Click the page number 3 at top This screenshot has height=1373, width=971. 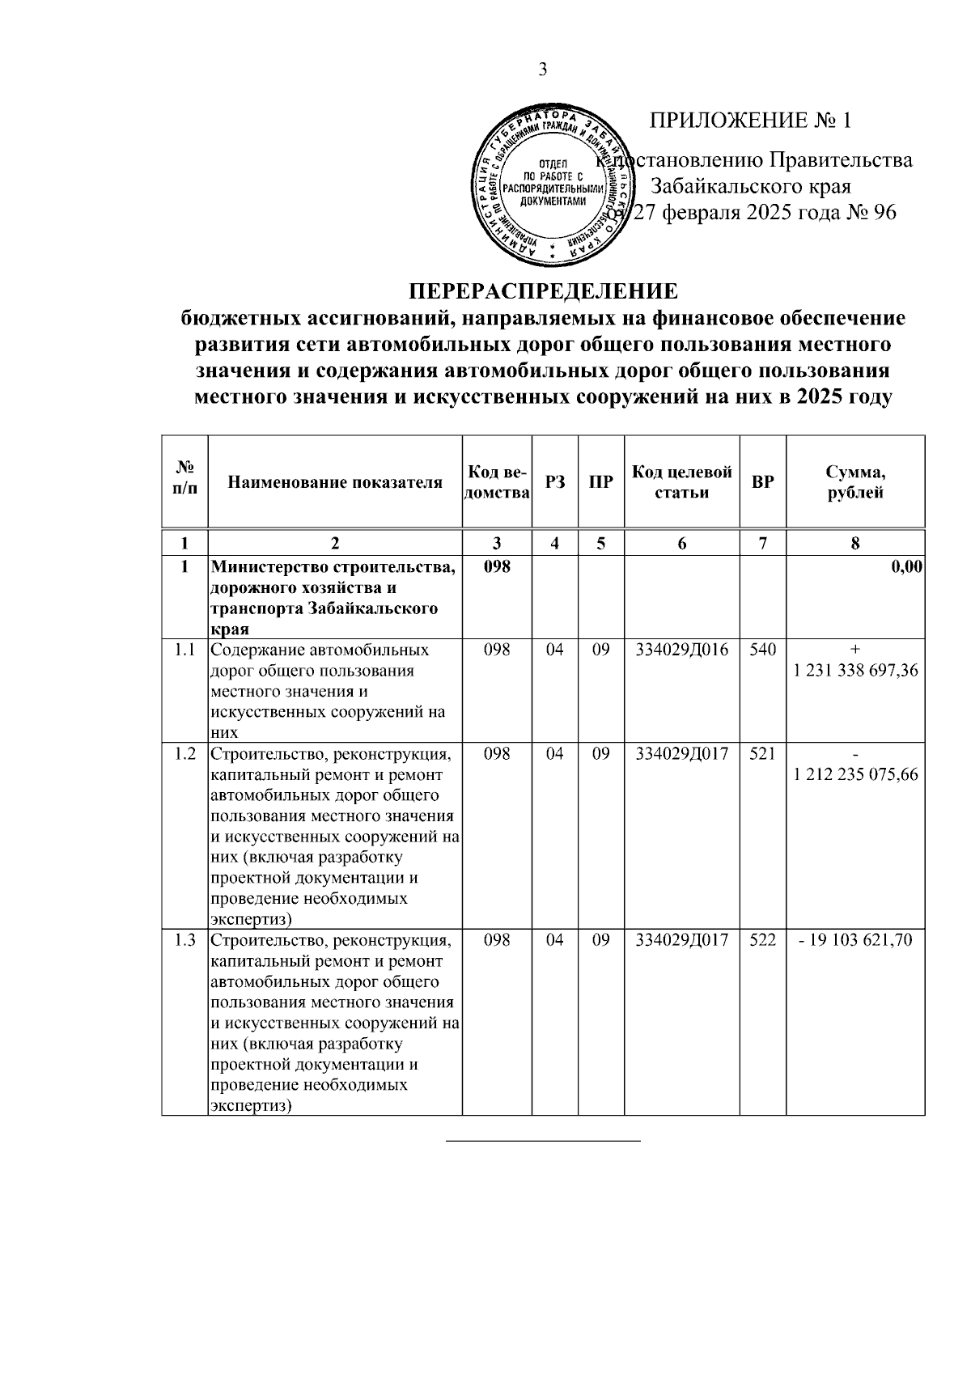pyautogui.click(x=543, y=70)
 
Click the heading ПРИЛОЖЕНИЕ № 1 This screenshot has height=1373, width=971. pyautogui.click(x=750, y=121)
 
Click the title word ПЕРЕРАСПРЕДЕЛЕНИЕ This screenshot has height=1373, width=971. pyautogui.click(x=542, y=291)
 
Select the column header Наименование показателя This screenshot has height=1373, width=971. pyautogui.click(x=335, y=483)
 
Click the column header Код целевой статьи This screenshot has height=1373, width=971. pyautogui.click(x=681, y=482)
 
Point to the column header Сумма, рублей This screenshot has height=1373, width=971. pyautogui.click(x=855, y=482)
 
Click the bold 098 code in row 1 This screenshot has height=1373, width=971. pyautogui.click(x=497, y=567)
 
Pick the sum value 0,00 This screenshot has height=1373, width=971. pyautogui.click(x=906, y=567)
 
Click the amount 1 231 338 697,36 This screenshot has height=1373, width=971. pyautogui.click(x=856, y=671)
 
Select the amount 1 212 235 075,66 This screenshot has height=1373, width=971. pyautogui.click(x=856, y=774)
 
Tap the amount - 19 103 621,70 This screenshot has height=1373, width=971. pyautogui.click(x=855, y=940)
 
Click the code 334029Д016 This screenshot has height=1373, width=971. pyautogui.click(x=681, y=650)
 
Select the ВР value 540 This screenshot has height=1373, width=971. pyautogui.click(x=762, y=650)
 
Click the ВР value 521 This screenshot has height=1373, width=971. pyautogui.click(x=762, y=754)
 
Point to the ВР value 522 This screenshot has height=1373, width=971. pyautogui.click(x=762, y=940)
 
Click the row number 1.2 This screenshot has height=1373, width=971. pyautogui.click(x=185, y=754)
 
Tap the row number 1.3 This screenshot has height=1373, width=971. pyautogui.click(x=185, y=940)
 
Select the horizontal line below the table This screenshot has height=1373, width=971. pyautogui.click(x=543, y=1141)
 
